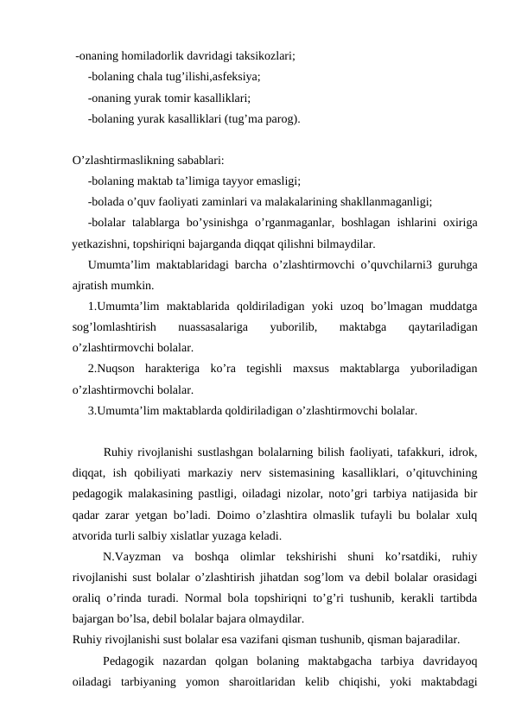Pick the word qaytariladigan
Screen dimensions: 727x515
coord(444,327)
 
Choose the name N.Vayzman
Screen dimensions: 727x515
coord(130,557)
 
